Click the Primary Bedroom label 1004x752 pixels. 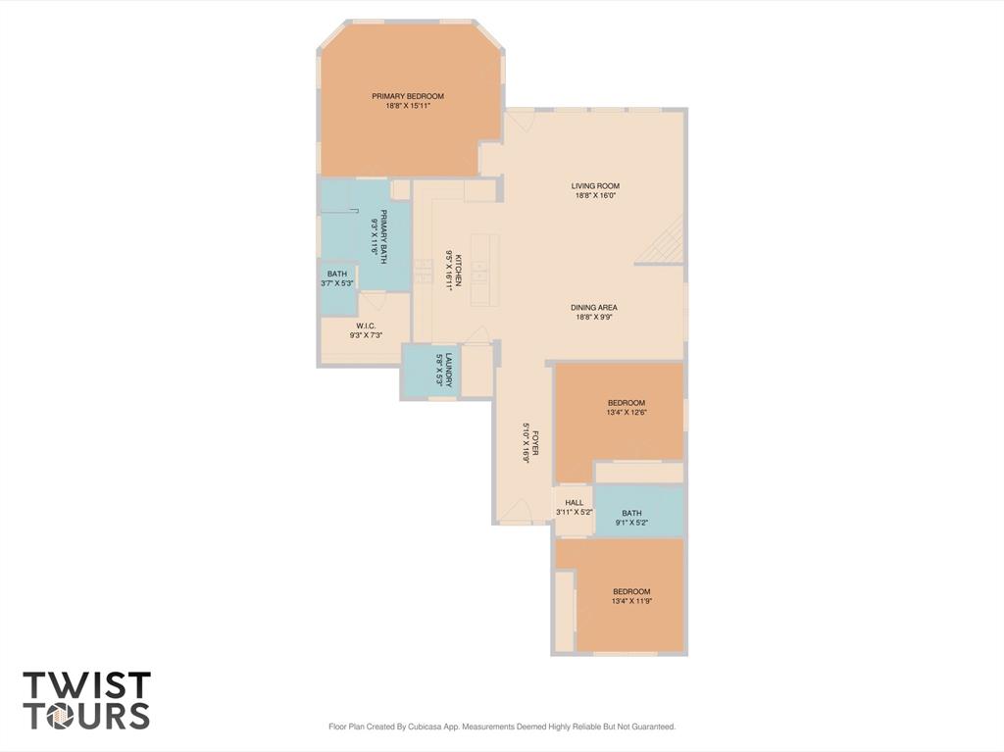click(407, 96)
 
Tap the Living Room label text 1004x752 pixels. click(595, 186)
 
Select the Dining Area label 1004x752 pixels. click(594, 308)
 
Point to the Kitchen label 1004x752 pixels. click(459, 264)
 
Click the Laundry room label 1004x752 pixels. click(449, 371)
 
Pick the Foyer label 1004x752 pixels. click(534, 442)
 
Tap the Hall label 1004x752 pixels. click(575, 503)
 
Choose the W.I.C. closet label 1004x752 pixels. click(367, 326)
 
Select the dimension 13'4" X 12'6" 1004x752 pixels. click(627, 413)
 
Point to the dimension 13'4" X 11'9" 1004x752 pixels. click(631, 601)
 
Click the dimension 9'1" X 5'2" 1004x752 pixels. click(631, 522)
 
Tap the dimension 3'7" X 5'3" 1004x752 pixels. click(337, 283)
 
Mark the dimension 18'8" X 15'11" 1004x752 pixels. click(407, 106)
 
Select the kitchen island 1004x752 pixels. click(484, 270)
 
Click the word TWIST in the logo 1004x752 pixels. click(87, 685)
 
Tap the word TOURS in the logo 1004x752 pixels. click(87, 716)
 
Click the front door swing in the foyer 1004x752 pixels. click(516, 511)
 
